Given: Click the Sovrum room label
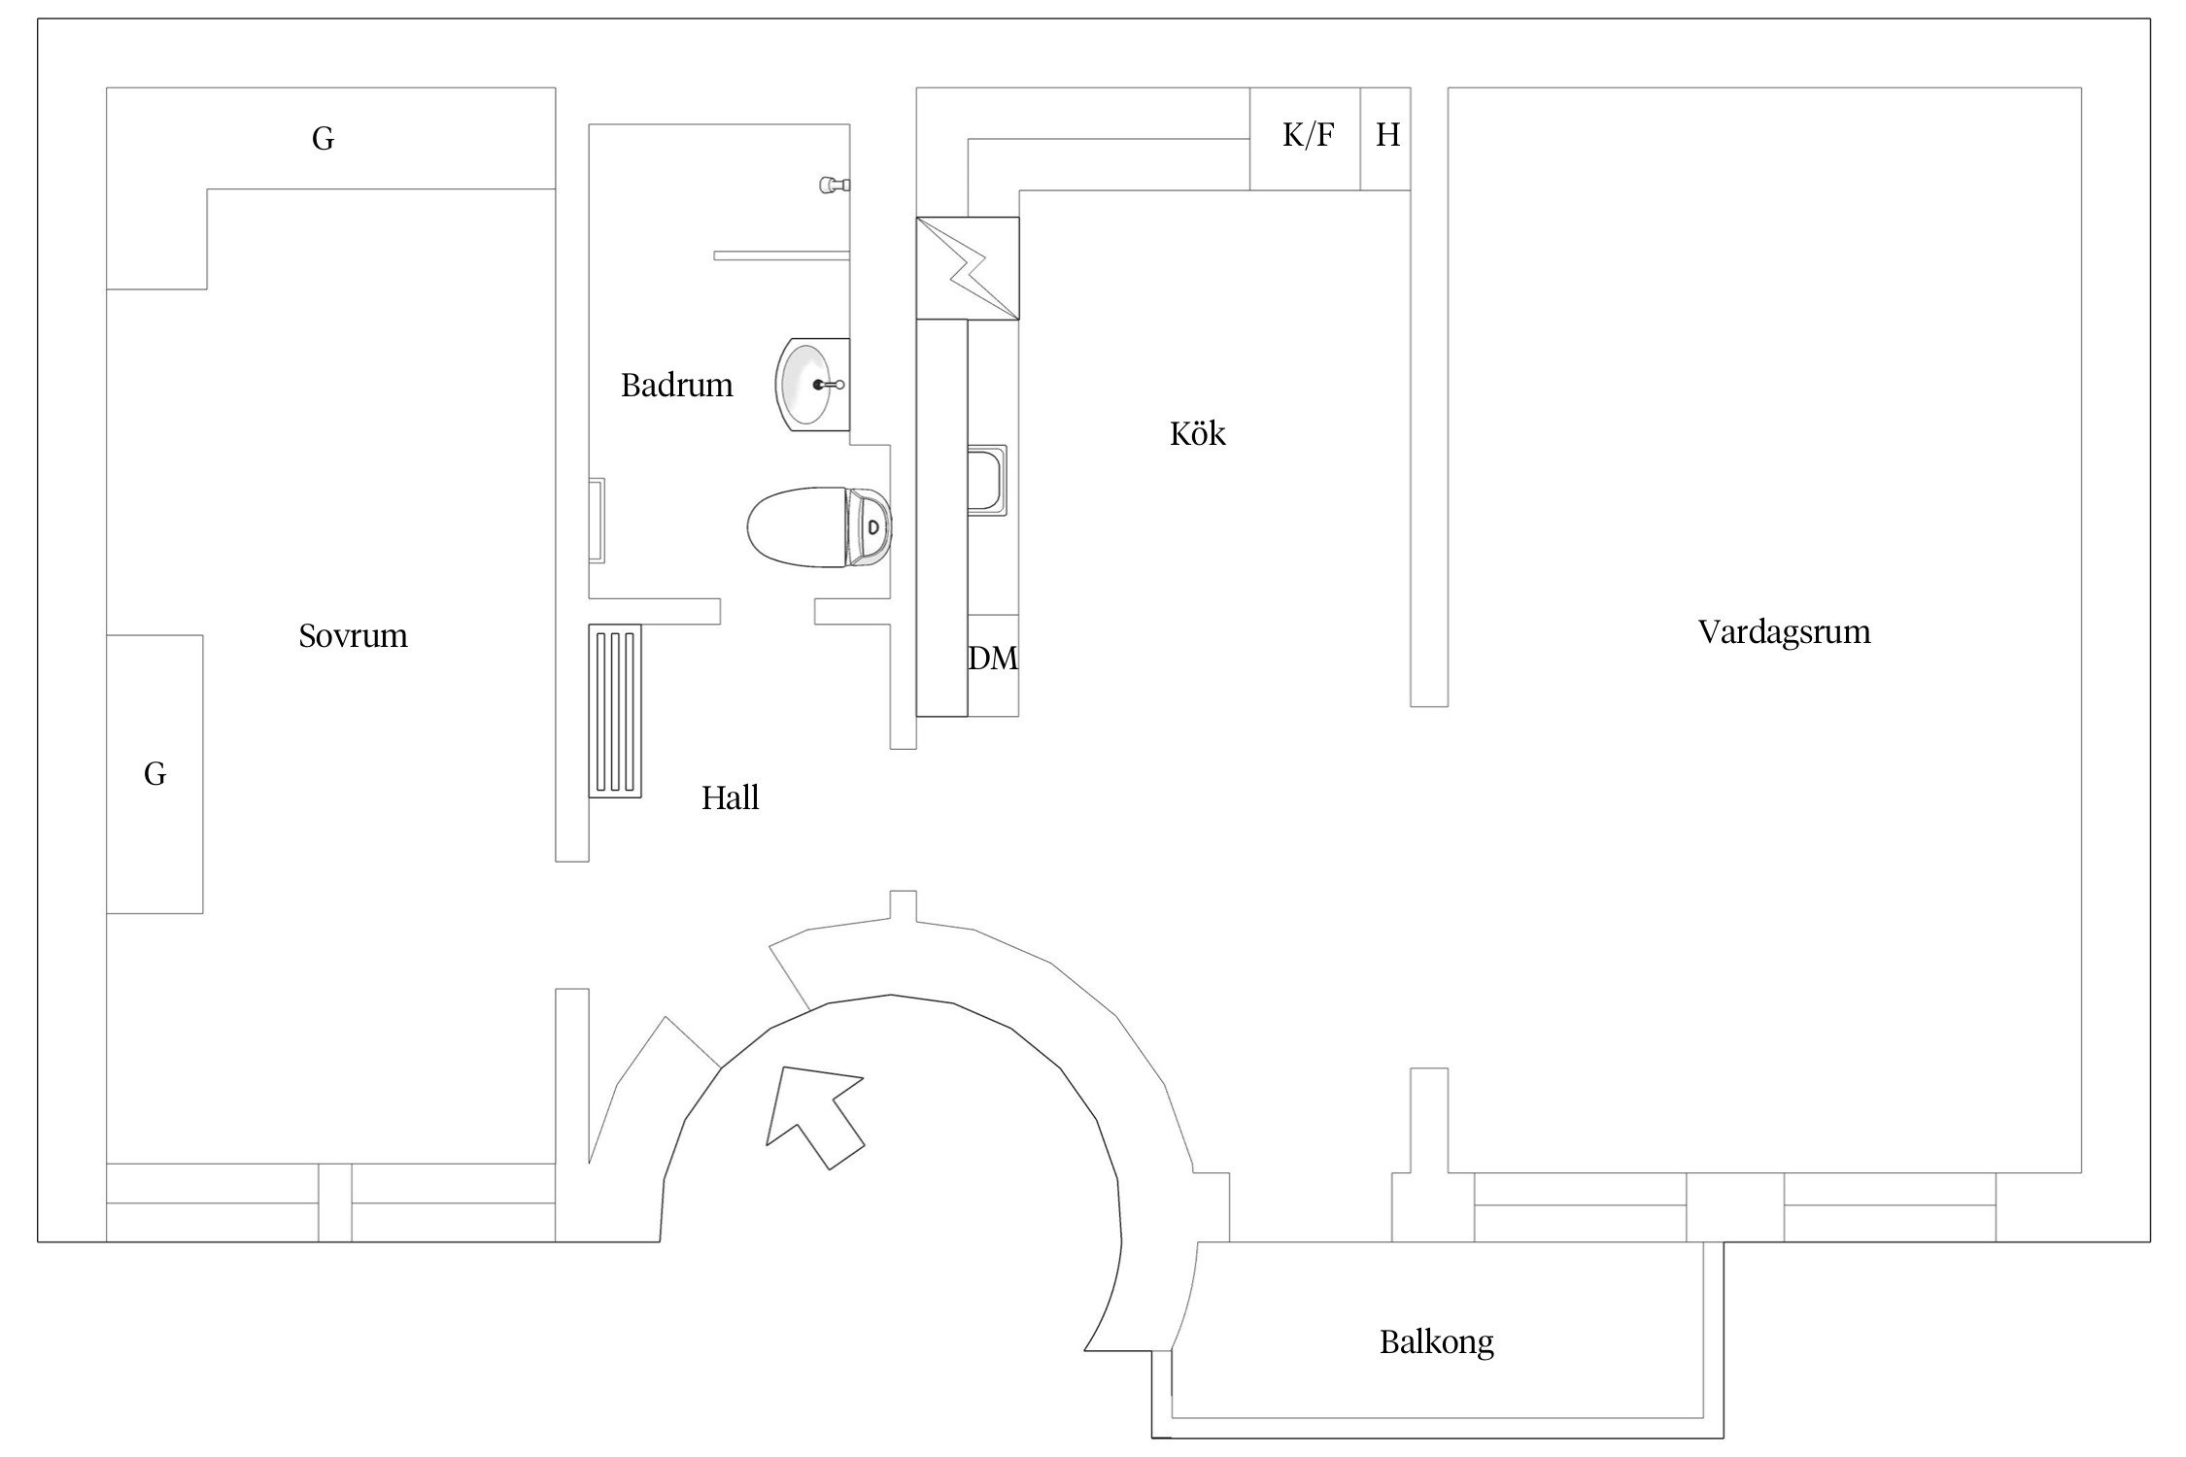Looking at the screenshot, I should [353, 636].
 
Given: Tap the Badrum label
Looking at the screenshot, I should [676, 386].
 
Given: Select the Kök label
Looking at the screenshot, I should [1197, 433].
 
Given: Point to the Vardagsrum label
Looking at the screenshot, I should [1784, 632].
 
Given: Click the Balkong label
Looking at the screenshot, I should [1436, 1342].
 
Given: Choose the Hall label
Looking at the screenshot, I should [730, 798].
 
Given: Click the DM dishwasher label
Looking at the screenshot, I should [993, 659].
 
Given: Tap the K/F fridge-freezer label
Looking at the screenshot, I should [1308, 135].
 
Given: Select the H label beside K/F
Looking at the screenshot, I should [1387, 135].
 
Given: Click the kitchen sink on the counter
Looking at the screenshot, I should [987, 480].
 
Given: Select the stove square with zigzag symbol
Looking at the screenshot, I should [968, 268].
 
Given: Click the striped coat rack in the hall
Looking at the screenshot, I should [615, 711].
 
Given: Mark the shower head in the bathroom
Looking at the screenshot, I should [835, 184].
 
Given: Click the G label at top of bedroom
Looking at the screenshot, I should [324, 139].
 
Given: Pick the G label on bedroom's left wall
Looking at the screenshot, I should [154, 774].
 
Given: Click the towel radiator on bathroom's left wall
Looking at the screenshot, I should [597, 521].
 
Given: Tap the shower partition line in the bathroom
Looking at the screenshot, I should [781, 255].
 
